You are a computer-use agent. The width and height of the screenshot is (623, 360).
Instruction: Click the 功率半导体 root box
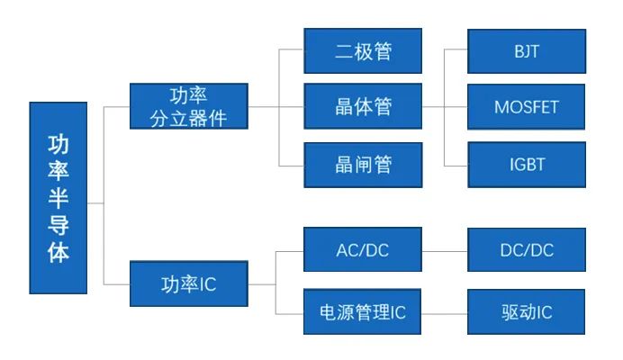(59, 197)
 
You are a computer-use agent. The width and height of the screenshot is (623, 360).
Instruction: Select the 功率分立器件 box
(188, 106)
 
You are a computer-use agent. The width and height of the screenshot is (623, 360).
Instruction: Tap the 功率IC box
(188, 284)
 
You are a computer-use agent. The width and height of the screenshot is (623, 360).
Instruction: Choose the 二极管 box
(363, 50)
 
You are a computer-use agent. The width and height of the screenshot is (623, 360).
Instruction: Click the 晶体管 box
(363, 107)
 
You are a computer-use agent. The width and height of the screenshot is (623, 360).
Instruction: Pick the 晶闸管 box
(363, 164)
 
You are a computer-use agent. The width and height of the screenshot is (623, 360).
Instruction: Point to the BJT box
(527, 50)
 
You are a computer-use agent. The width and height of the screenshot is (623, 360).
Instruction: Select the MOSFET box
(527, 107)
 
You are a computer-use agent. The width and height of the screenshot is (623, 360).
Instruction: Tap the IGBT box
(527, 164)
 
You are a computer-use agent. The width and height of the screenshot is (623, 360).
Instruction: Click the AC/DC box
(363, 249)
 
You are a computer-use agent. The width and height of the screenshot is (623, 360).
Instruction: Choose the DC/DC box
(527, 249)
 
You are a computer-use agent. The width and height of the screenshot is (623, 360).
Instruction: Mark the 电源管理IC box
(363, 312)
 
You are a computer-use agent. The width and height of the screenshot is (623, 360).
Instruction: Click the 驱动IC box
(527, 312)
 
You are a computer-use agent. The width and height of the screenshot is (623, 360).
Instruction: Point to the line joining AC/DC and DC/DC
(445, 249)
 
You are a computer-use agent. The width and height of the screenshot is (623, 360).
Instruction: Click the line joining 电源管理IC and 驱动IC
(445, 312)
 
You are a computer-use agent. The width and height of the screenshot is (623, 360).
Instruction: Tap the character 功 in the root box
(59, 144)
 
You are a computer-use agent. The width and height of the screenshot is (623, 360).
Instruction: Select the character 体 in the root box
(59, 252)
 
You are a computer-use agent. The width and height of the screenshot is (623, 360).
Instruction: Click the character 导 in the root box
(59, 225)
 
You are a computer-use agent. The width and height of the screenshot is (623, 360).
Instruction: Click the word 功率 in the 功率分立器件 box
(188, 95)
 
